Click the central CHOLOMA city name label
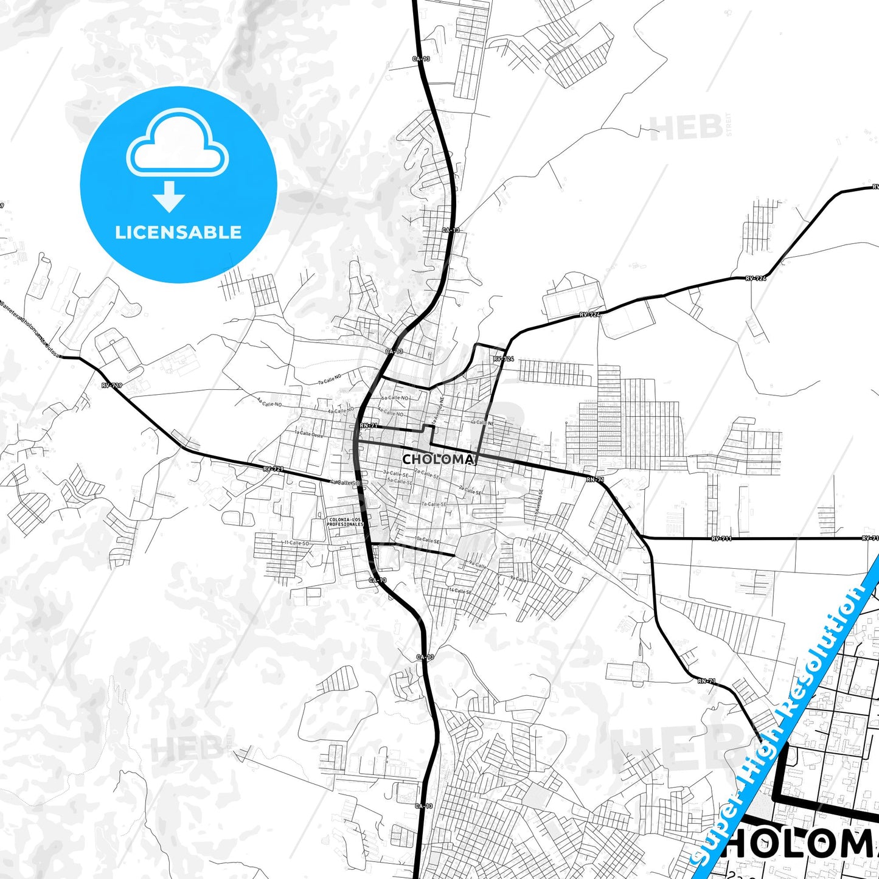pyautogui.click(x=437, y=459)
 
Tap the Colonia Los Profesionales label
pyautogui.click(x=346, y=521)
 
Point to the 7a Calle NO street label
pyautogui.click(x=330, y=379)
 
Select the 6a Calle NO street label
pyautogui.click(x=395, y=398)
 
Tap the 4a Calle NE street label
pyautogui.click(x=481, y=422)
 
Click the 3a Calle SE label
pyautogui.click(x=395, y=473)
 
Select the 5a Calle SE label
pyautogui.click(x=400, y=481)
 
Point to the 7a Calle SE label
pyautogui.click(x=434, y=504)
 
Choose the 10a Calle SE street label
pyautogui.click(x=427, y=540)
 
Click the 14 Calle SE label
pyautogui.click(x=459, y=591)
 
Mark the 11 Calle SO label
pyautogui.click(x=296, y=542)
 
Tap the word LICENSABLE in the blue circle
pyautogui.click(x=178, y=232)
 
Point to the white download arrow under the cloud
pyautogui.click(x=169, y=195)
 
